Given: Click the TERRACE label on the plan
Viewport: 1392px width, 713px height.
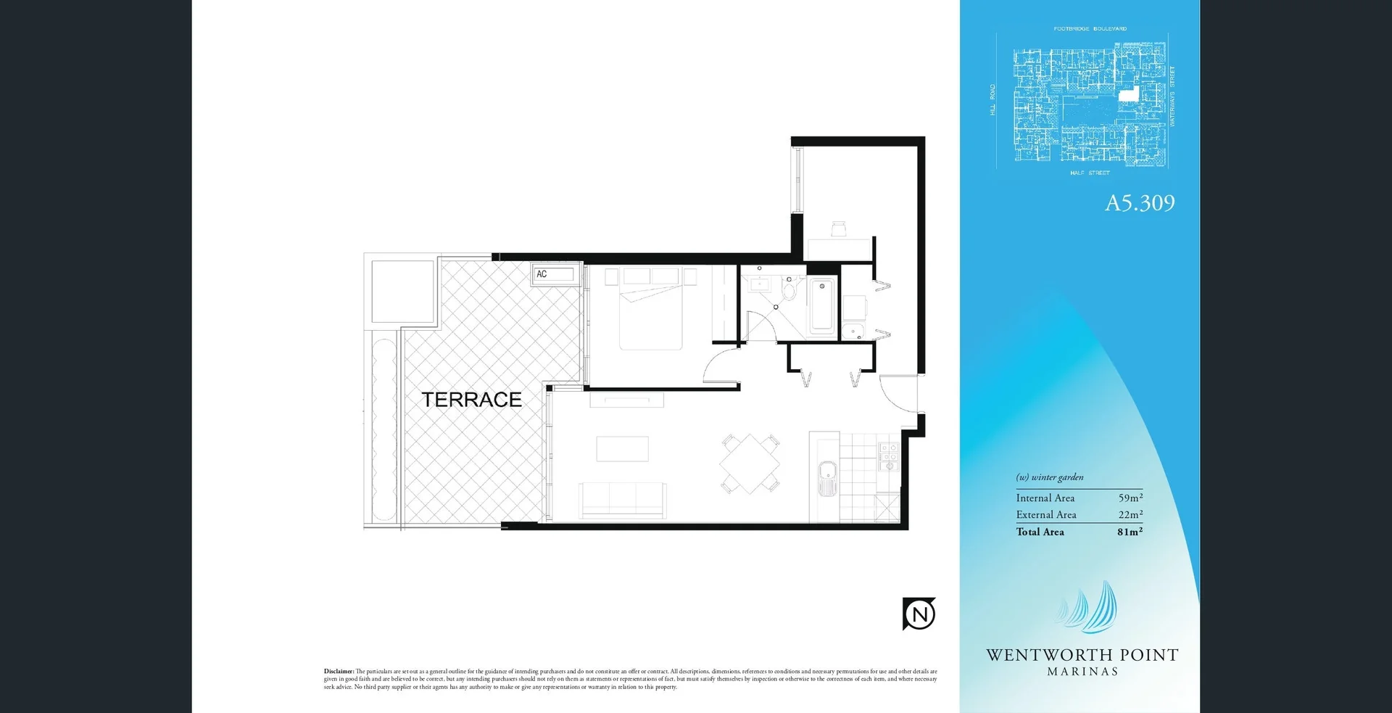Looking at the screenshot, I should pos(471,400).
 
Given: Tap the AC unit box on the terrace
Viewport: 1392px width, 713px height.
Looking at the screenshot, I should pos(555,274).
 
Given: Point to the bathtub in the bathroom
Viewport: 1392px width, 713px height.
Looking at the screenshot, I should pos(822,306).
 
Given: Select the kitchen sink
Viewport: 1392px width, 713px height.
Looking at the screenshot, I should pos(826,478).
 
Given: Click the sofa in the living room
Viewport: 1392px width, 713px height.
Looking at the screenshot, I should pos(622,500).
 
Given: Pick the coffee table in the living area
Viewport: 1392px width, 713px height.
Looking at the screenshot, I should pos(622,449).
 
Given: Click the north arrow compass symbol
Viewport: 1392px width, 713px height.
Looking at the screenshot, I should pos(919,614).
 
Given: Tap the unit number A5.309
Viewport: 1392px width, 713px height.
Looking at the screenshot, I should pos(1139,203).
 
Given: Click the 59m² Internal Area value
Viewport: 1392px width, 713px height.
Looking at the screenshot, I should pos(1130,498).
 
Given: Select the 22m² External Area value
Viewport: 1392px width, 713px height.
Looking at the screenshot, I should pos(1130,514).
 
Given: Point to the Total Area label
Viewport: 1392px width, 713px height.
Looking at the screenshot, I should pos(1040,532).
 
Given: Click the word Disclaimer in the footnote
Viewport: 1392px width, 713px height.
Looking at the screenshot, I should pos(339,672).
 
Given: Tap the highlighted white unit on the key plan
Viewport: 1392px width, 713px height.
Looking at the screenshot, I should pos(1127,94).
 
